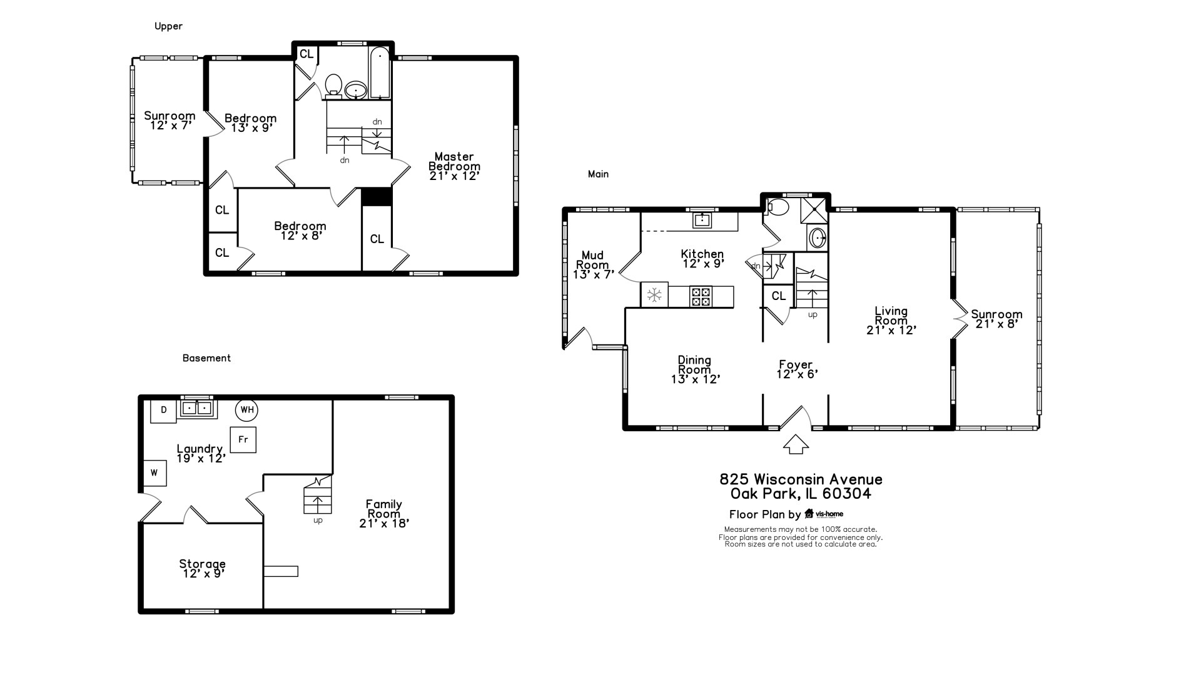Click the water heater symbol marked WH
click(x=247, y=410)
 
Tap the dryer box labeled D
click(x=163, y=411)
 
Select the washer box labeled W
click(x=155, y=473)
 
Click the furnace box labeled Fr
click(x=243, y=440)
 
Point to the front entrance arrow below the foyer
click(x=796, y=444)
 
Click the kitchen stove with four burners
click(x=701, y=296)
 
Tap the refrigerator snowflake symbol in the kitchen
click(x=654, y=295)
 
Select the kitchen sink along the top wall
click(x=702, y=219)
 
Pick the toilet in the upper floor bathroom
click(x=333, y=86)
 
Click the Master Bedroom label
click(x=455, y=166)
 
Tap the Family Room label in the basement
click(x=384, y=514)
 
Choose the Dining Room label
click(x=695, y=369)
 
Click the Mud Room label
click(x=593, y=264)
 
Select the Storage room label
click(x=203, y=569)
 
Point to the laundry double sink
click(x=197, y=409)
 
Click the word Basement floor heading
click(x=206, y=358)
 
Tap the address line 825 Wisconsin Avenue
click(x=801, y=479)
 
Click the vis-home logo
click(x=824, y=514)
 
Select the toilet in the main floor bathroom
click(x=778, y=207)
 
